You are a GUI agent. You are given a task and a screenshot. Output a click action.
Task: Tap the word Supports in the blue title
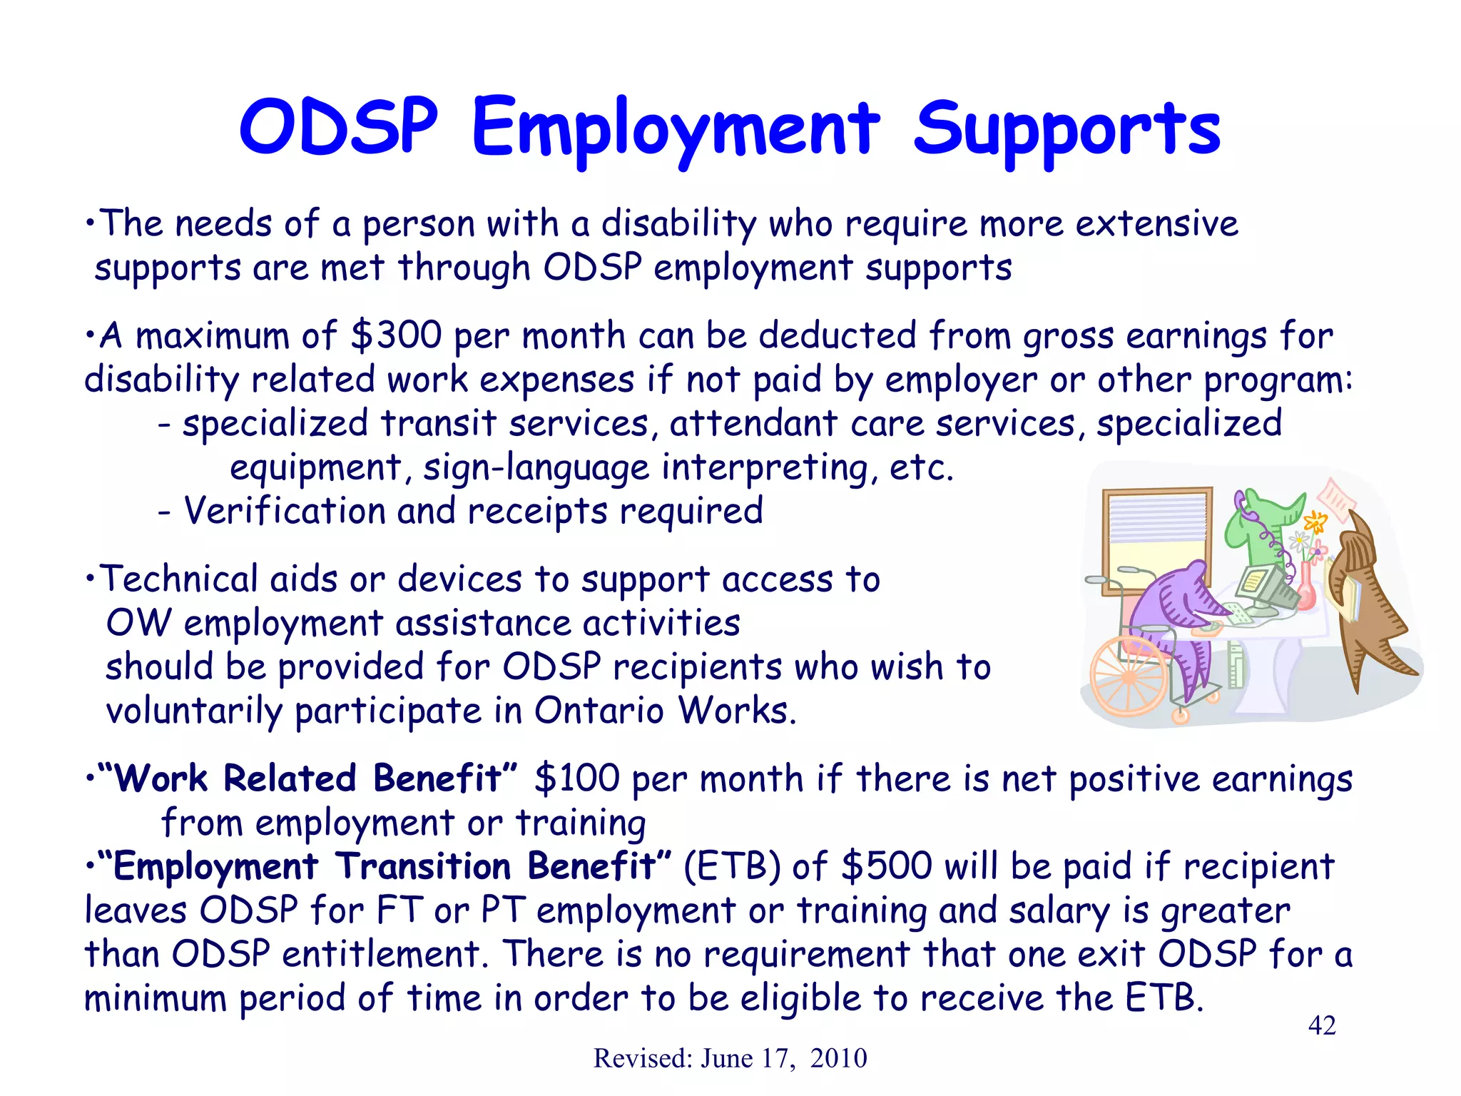[x=1067, y=130]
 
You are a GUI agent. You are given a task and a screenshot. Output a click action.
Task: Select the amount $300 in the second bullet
[x=396, y=335]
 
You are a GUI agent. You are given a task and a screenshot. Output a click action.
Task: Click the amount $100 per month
[x=576, y=778]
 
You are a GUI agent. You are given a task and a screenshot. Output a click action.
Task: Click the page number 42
[x=1321, y=1025]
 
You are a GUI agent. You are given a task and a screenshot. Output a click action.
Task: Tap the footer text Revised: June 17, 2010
[x=730, y=1058]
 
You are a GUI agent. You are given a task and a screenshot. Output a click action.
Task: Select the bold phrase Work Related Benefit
[x=307, y=778]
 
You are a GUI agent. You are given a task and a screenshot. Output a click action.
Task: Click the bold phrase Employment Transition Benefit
[x=385, y=866]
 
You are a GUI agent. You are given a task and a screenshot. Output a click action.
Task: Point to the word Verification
[x=284, y=511]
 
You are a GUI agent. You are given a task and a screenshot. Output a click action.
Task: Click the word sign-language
[x=536, y=468]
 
